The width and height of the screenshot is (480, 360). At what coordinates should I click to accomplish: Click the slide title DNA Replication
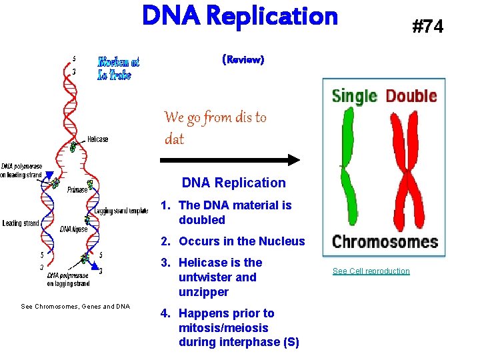(x=240, y=16)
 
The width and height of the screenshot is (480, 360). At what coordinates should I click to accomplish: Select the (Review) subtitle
(x=243, y=60)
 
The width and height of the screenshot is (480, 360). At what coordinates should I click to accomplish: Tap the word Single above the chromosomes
(x=355, y=95)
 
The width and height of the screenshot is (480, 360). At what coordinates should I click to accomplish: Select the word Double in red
(x=411, y=95)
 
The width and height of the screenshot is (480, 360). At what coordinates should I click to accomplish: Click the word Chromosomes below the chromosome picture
(x=385, y=241)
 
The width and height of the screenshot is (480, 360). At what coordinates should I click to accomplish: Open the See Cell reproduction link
(x=371, y=271)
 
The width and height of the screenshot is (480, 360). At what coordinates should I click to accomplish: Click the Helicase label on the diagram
(x=97, y=139)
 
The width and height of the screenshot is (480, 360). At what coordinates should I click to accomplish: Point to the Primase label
(x=77, y=189)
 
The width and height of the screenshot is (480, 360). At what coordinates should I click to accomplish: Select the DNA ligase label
(x=75, y=229)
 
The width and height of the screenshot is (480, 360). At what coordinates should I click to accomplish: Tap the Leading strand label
(x=21, y=223)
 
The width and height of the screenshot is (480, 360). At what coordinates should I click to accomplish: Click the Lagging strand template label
(x=121, y=211)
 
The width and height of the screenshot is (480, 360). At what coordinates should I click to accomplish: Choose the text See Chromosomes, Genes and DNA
(x=75, y=306)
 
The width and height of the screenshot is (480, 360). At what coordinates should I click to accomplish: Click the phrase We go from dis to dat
(x=215, y=128)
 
